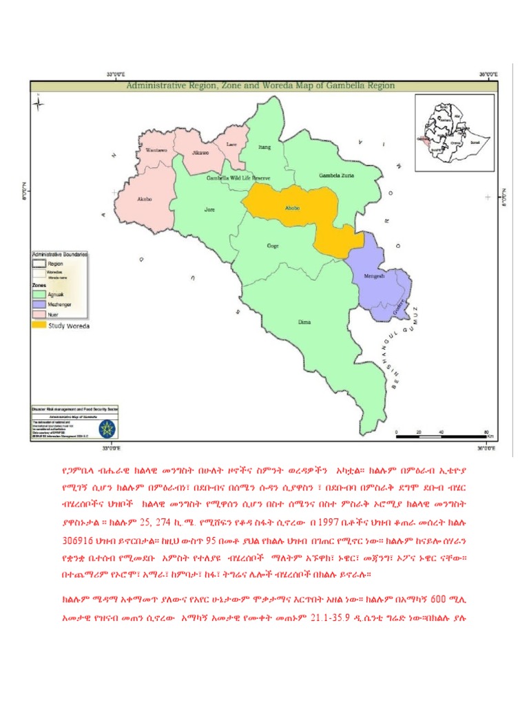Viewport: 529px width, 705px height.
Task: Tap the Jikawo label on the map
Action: (200, 150)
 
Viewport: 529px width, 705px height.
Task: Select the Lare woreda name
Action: (232, 145)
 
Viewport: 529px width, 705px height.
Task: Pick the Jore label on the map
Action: (210, 209)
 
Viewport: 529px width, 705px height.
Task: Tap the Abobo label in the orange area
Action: (293, 207)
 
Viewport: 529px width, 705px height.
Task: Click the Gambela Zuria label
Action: (335, 176)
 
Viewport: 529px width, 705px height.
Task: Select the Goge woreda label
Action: (273, 246)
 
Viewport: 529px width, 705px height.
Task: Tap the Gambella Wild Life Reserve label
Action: (238, 178)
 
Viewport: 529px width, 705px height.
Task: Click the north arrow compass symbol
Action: (40, 104)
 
